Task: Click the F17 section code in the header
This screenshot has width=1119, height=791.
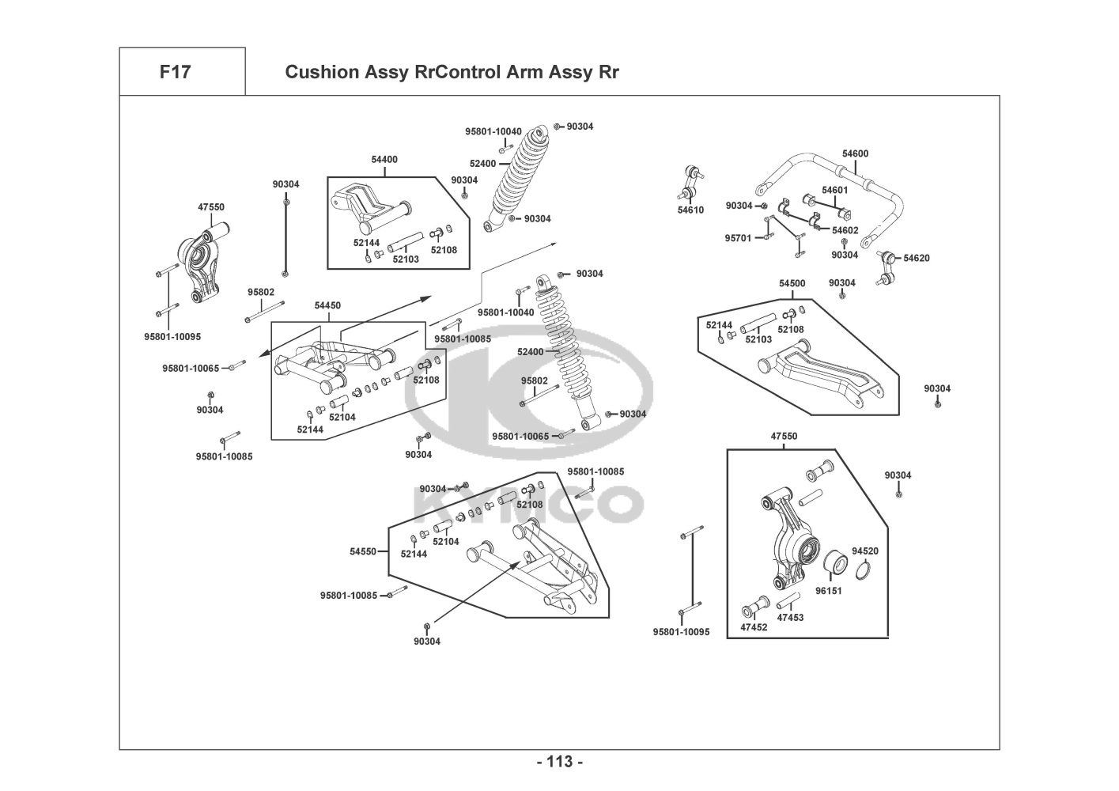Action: [175, 72]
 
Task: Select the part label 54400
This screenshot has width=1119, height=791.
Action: [384, 160]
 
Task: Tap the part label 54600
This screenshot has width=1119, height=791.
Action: [855, 154]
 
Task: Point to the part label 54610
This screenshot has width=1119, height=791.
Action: [690, 210]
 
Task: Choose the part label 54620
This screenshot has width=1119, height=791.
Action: [917, 259]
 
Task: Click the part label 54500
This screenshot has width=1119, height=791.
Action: [792, 283]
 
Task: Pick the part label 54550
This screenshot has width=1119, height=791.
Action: [363, 551]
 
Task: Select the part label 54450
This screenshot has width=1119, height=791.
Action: [327, 305]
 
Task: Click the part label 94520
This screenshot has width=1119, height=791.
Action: [865, 551]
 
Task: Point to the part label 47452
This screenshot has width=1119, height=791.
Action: [754, 627]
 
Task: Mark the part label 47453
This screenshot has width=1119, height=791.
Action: [790, 617]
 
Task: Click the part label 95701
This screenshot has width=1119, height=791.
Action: [738, 237]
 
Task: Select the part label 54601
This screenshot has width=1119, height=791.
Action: [834, 190]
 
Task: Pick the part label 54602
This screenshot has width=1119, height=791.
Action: [845, 230]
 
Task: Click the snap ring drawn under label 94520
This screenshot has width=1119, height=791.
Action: [865, 570]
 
